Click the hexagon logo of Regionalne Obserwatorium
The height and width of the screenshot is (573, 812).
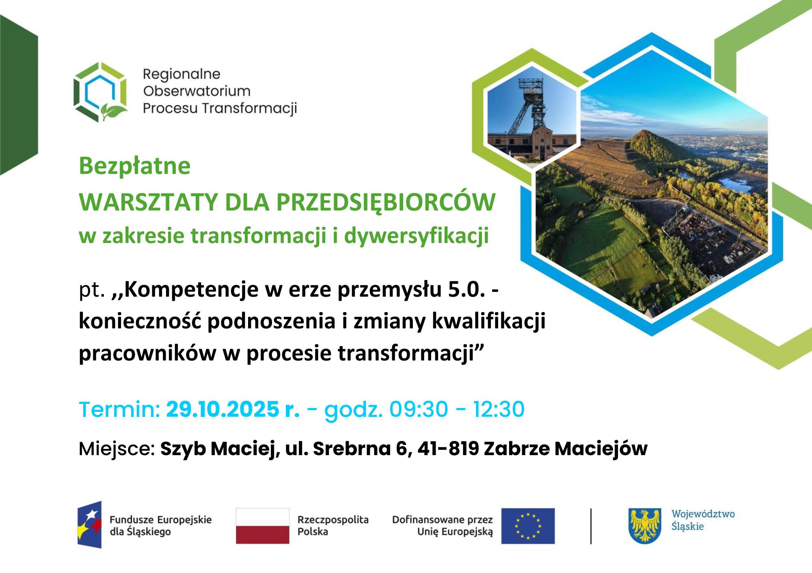coord(100,92)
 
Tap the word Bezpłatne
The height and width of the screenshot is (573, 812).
coord(135,166)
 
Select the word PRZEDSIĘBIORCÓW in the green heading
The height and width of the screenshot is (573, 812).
coord(386,202)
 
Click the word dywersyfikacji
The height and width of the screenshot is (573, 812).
coord(417,236)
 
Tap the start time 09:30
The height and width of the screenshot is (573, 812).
coord(419,409)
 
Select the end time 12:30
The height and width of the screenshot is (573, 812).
coord(499,409)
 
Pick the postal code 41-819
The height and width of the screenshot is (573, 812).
coord(448,449)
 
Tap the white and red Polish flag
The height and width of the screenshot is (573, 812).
coord(263,525)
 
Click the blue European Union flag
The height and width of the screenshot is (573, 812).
coord(528,525)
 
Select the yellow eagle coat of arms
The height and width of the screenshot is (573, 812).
coord(645,526)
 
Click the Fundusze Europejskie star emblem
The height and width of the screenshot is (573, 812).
coord(90,525)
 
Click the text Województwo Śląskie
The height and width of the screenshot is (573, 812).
coord(703,520)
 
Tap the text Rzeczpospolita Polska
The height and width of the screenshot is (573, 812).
coord(333,525)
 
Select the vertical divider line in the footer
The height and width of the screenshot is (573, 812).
coord(591,526)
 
